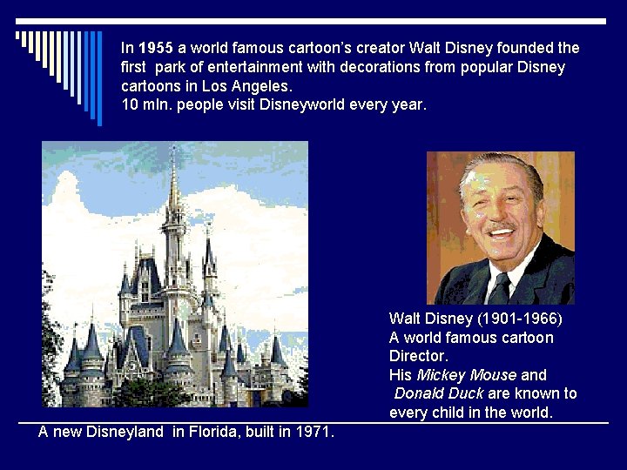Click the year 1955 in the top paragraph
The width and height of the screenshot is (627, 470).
click(157, 48)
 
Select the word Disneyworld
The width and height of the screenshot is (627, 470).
click(301, 105)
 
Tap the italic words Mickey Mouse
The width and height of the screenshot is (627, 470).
click(467, 375)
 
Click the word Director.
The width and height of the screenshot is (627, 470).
click(419, 356)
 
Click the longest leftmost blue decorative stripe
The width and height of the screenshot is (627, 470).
click(99, 78)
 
